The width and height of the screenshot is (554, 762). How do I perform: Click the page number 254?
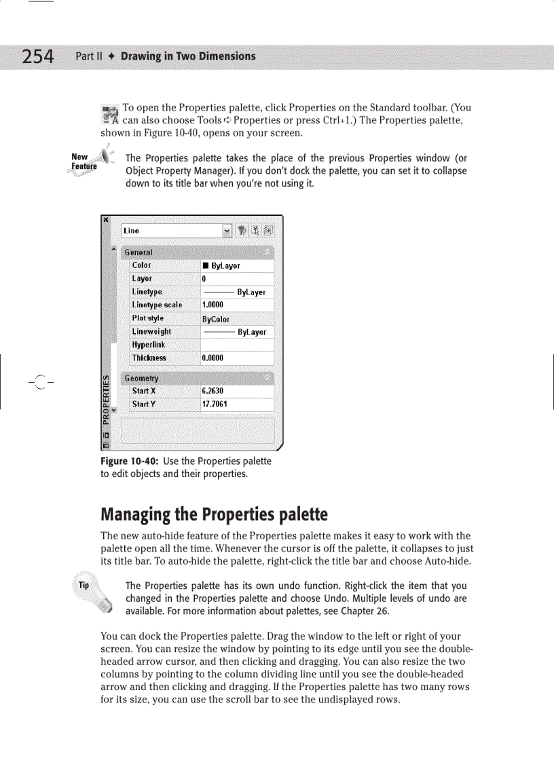37,56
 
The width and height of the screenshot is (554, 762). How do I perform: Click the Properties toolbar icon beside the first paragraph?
110,115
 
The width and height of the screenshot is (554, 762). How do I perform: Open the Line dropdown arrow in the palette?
227,231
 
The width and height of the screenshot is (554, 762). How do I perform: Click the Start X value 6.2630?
213,391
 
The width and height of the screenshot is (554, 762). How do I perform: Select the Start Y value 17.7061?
215,404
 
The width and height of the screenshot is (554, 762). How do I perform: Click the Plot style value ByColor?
216,319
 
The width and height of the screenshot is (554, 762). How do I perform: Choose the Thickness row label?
149,358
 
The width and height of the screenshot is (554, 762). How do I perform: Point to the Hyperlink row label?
149,345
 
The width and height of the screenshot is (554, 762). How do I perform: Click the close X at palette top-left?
105,220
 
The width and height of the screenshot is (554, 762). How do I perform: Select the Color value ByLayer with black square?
221,266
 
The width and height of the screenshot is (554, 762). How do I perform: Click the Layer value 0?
204,279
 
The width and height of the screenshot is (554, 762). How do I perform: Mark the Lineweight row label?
151,332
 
